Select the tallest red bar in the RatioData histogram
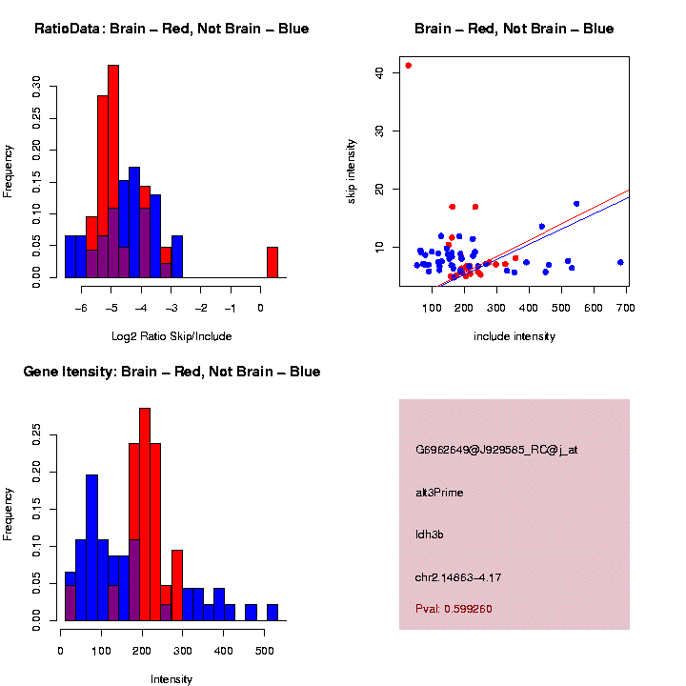[113, 171]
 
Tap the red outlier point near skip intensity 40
[409, 65]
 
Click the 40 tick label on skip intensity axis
[379, 72]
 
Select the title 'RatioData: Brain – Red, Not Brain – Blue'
[171, 29]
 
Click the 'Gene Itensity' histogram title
[171, 372]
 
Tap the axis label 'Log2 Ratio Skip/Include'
[171, 336]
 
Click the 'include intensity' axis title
[514, 336]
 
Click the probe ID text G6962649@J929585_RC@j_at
[496, 450]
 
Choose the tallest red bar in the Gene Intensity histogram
[145, 514]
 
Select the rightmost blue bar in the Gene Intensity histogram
[272, 613]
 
